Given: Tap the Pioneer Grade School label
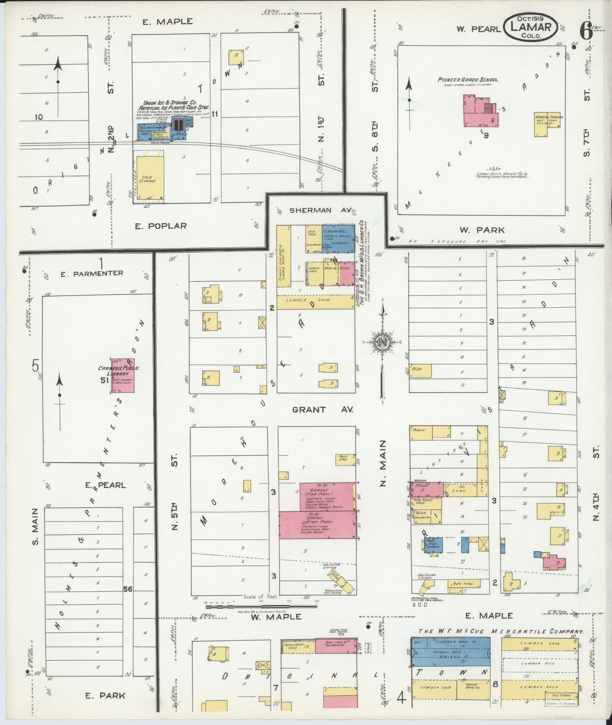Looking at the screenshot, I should pos(467,80).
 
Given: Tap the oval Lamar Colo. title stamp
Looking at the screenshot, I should pos(530,27).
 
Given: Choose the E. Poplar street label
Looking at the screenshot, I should pos(161,226).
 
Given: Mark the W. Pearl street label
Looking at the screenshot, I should pos(478,29).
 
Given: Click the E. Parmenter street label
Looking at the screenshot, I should pos(92,273).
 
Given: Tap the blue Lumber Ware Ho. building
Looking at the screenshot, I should pos(450,651).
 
